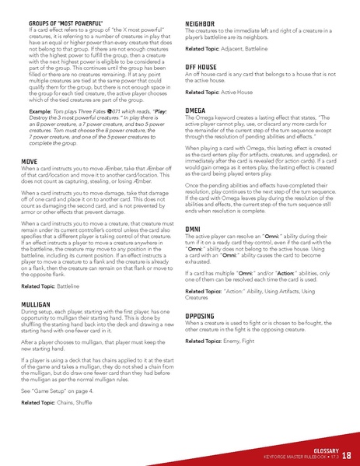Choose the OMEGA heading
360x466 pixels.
pos(196,111)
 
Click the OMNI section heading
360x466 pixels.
pos(194,228)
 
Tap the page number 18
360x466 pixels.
pos(346,455)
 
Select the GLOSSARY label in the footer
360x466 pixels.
pos(321,449)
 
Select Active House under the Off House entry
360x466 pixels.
pos(243,92)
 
